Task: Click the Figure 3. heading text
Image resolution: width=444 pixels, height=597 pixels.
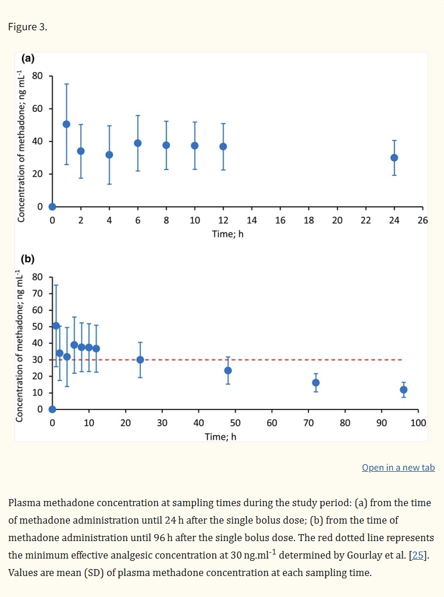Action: tap(27, 27)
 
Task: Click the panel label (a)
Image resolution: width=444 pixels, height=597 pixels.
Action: tap(28, 58)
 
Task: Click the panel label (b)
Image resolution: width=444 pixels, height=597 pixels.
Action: tap(27, 259)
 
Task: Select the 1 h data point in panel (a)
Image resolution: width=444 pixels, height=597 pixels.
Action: tap(66, 124)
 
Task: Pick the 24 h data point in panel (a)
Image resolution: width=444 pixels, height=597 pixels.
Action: tap(394, 158)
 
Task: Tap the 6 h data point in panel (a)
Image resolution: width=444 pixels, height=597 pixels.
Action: tap(138, 143)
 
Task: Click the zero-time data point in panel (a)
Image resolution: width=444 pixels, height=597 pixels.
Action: tap(52, 207)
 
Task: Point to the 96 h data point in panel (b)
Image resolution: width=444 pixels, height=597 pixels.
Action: tap(404, 390)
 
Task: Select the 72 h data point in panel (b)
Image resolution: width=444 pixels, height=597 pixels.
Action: tap(316, 383)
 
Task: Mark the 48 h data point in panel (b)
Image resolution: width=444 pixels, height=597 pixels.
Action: tap(228, 370)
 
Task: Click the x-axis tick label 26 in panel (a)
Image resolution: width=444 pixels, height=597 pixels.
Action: tap(422, 220)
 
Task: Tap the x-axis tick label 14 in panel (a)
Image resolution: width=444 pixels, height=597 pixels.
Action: tap(252, 220)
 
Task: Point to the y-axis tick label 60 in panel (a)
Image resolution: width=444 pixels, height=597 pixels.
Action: tap(37, 108)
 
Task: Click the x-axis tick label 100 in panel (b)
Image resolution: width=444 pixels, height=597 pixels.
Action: tap(418, 423)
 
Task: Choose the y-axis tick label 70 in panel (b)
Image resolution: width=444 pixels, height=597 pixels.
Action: tap(37, 293)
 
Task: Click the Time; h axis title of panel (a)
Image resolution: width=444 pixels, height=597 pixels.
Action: tap(228, 234)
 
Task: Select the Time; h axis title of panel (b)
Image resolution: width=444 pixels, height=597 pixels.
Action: tap(221, 437)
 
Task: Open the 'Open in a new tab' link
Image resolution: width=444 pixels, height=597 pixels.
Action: tap(399, 468)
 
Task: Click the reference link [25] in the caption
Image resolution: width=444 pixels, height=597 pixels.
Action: tap(418, 555)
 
